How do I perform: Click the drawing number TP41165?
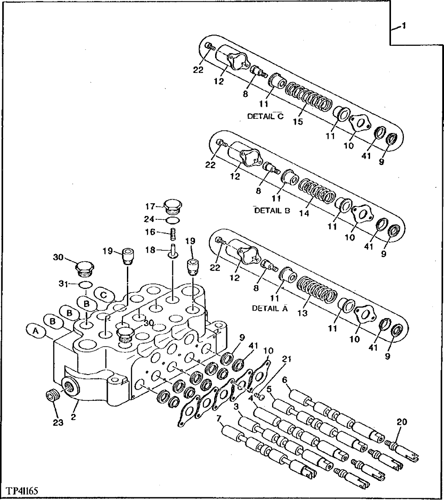[x=22, y=491]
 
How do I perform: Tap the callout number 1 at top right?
[x=403, y=27]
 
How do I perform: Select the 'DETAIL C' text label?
[x=265, y=116]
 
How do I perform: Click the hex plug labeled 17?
[x=173, y=207]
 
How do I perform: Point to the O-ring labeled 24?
[x=173, y=220]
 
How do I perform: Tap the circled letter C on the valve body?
[x=104, y=294]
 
